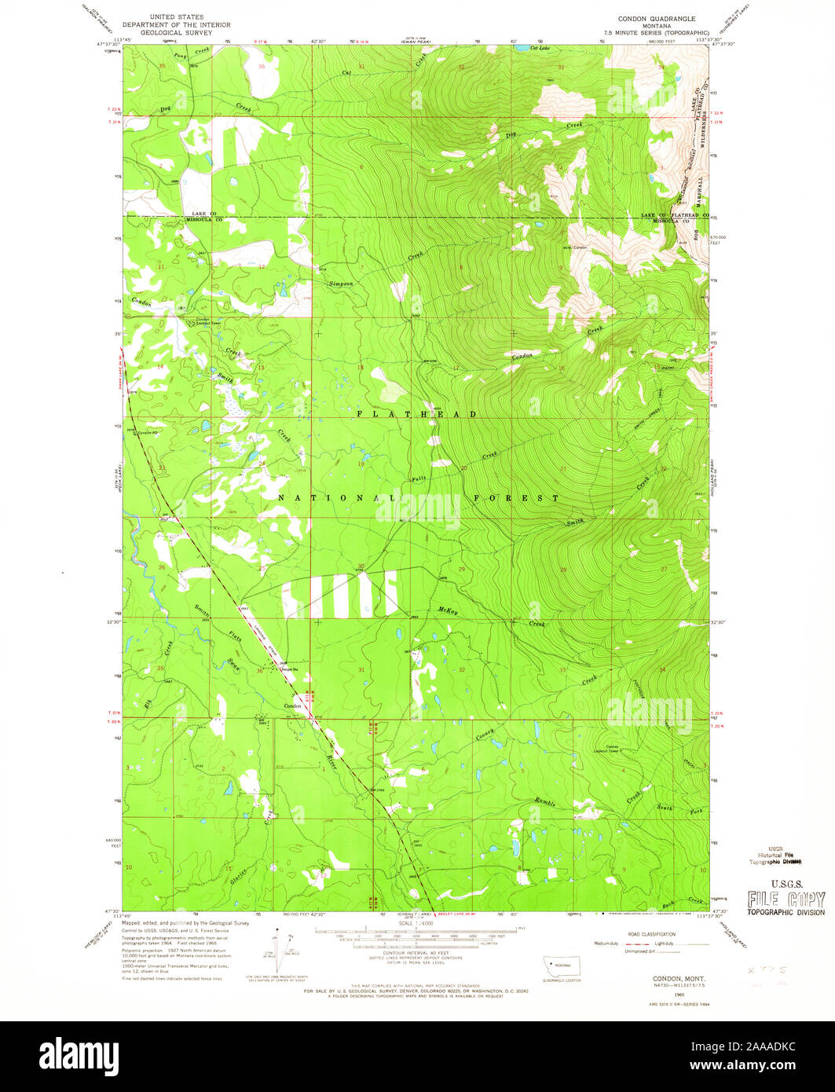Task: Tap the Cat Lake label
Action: click(x=539, y=49)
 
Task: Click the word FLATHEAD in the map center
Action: click(x=416, y=413)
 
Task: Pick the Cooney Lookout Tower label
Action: click(x=618, y=749)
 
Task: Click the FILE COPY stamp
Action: click(x=786, y=900)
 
